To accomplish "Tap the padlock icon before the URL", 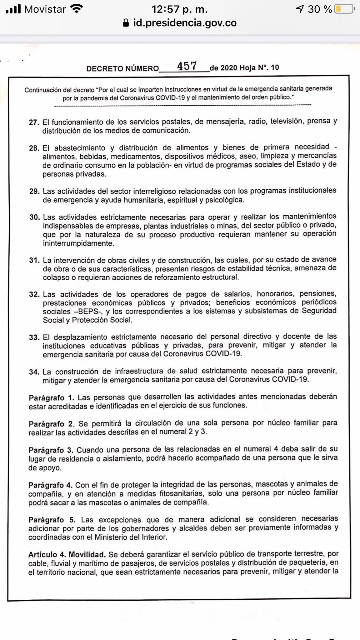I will [x=126, y=23].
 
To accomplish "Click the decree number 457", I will [x=187, y=66].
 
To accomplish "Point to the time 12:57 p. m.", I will [x=180, y=9].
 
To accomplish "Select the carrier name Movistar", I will [x=45, y=9].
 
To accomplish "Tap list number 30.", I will [x=34, y=217].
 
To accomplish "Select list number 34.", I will [x=34, y=372].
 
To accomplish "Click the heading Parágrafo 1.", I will [x=52, y=398].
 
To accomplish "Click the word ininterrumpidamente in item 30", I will [x=78, y=243].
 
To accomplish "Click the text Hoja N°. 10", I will [x=259, y=67].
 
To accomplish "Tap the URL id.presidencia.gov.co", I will [x=185, y=23].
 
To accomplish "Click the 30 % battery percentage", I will [x=319, y=9].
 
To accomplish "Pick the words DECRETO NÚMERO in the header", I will [x=122, y=68].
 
